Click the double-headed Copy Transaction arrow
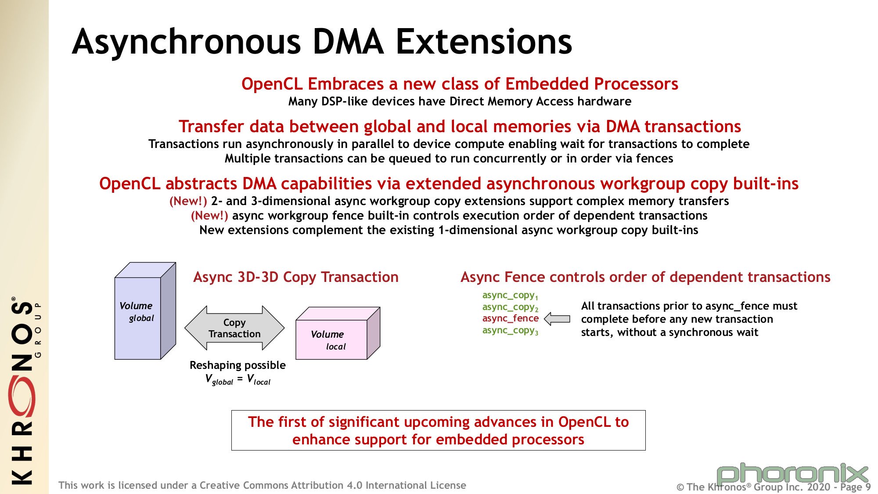point(234,328)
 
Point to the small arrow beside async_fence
point(557,319)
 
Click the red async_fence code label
point(510,318)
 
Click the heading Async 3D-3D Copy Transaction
point(296,277)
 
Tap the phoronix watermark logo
point(792,474)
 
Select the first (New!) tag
point(188,201)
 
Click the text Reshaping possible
point(237,365)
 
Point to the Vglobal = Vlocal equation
point(237,379)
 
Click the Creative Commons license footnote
point(262,485)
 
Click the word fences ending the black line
point(654,159)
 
